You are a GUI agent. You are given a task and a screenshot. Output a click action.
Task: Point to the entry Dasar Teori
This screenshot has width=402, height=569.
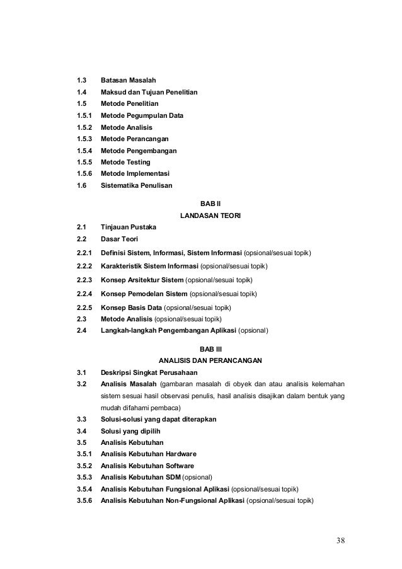point(121,239)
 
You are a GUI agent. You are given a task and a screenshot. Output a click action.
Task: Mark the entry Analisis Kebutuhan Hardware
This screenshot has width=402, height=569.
point(149,454)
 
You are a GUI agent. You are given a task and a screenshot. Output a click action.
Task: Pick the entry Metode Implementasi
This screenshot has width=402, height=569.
point(136,174)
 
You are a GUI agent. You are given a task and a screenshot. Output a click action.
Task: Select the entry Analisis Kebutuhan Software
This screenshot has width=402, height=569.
point(147,466)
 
